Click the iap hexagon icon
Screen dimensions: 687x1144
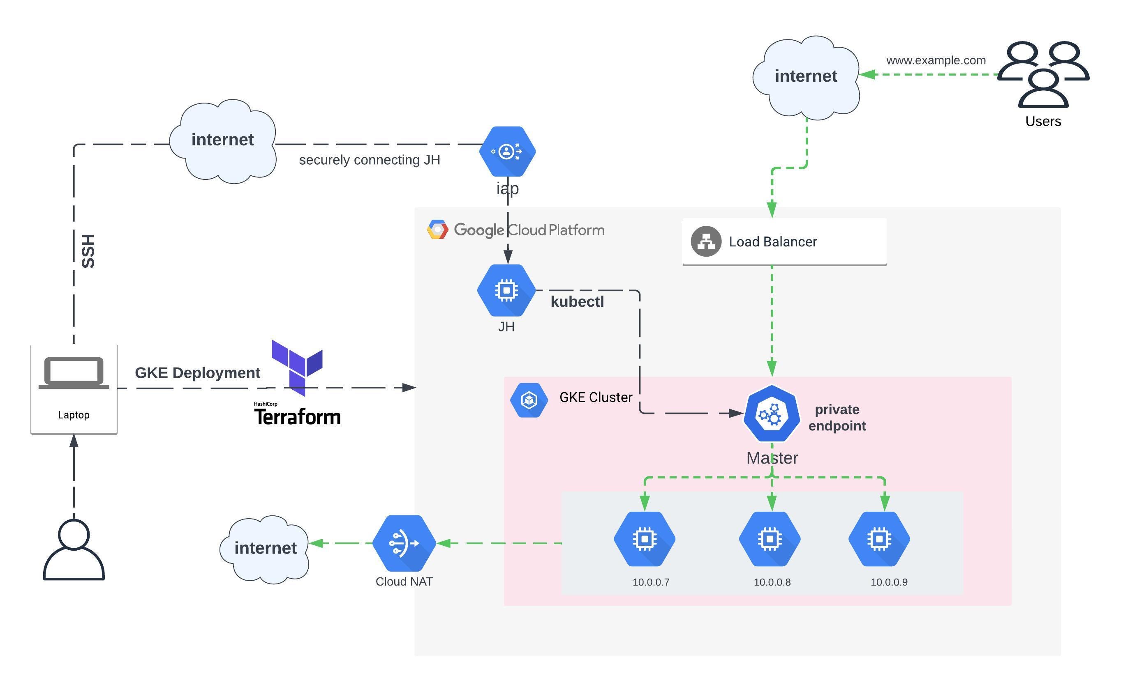pos(507,152)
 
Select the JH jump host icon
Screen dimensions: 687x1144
pos(506,290)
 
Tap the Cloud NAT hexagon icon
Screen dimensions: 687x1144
pos(404,543)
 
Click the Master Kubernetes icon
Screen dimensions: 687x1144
pos(771,414)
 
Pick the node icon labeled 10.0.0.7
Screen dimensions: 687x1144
pos(644,539)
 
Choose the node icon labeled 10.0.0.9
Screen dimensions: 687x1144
pos(879,539)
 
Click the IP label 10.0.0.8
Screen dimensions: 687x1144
pos(772,582)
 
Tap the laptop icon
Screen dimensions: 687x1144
pos(74,373)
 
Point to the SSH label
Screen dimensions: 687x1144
pos(88,251)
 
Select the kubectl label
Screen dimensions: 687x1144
pos(577,302)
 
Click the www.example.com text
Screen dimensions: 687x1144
pos(936,61)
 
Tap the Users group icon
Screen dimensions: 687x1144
pos(1042,74)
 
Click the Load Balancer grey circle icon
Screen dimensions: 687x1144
pos(706,241)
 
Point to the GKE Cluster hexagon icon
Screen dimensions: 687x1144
pos(529,400)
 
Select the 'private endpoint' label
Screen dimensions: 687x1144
pos(837,418)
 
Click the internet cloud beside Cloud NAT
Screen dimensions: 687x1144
pos(265,549)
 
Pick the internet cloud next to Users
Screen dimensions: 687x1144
pos(806,76)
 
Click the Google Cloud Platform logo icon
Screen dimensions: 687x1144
pos(437,230)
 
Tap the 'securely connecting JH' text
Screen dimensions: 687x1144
pos(369,160)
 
